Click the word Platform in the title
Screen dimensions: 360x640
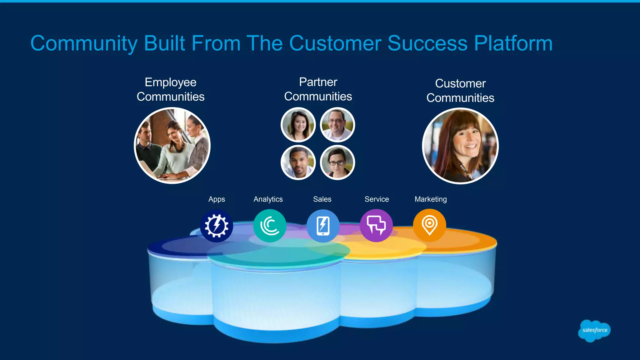click(x=513, y=43)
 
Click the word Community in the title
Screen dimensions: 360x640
click(x=84, y=43)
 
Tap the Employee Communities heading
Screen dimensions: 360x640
click(x=171, y=89)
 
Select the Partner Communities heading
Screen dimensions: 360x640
click(x=318, y=89)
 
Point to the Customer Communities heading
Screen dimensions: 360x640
click(x=460, y=91)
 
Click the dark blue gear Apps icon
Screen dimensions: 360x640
click(x=216, y=226)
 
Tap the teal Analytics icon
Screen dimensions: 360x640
click(x=269, y=226)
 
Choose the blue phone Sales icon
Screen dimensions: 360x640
click(x=323, y=226)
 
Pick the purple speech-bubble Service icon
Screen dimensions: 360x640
click(x=376, y=225)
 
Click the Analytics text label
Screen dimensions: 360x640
click(x=268, y=199)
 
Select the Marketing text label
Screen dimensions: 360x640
click(x=430, y=199)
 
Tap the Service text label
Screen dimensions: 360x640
click(x=377, y=199)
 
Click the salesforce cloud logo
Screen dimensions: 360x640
click(x=594, y=330)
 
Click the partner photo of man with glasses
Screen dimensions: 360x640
click(x=337, y=125)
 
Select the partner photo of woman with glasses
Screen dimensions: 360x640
click(x=337, y=162)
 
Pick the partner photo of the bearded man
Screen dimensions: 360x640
click(x=298, y=162)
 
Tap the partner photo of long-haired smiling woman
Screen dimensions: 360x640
click(x=298, y=125)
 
